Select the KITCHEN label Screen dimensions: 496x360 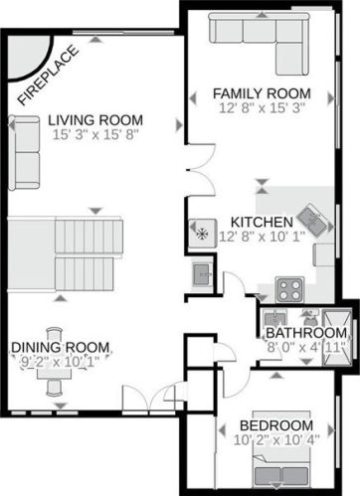point(261,221)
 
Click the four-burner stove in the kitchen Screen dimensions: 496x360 point(289,289)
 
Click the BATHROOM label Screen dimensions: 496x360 point(304,334)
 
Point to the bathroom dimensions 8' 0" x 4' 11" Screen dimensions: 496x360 point(304,348)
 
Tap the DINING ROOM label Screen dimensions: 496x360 point(61,347)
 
